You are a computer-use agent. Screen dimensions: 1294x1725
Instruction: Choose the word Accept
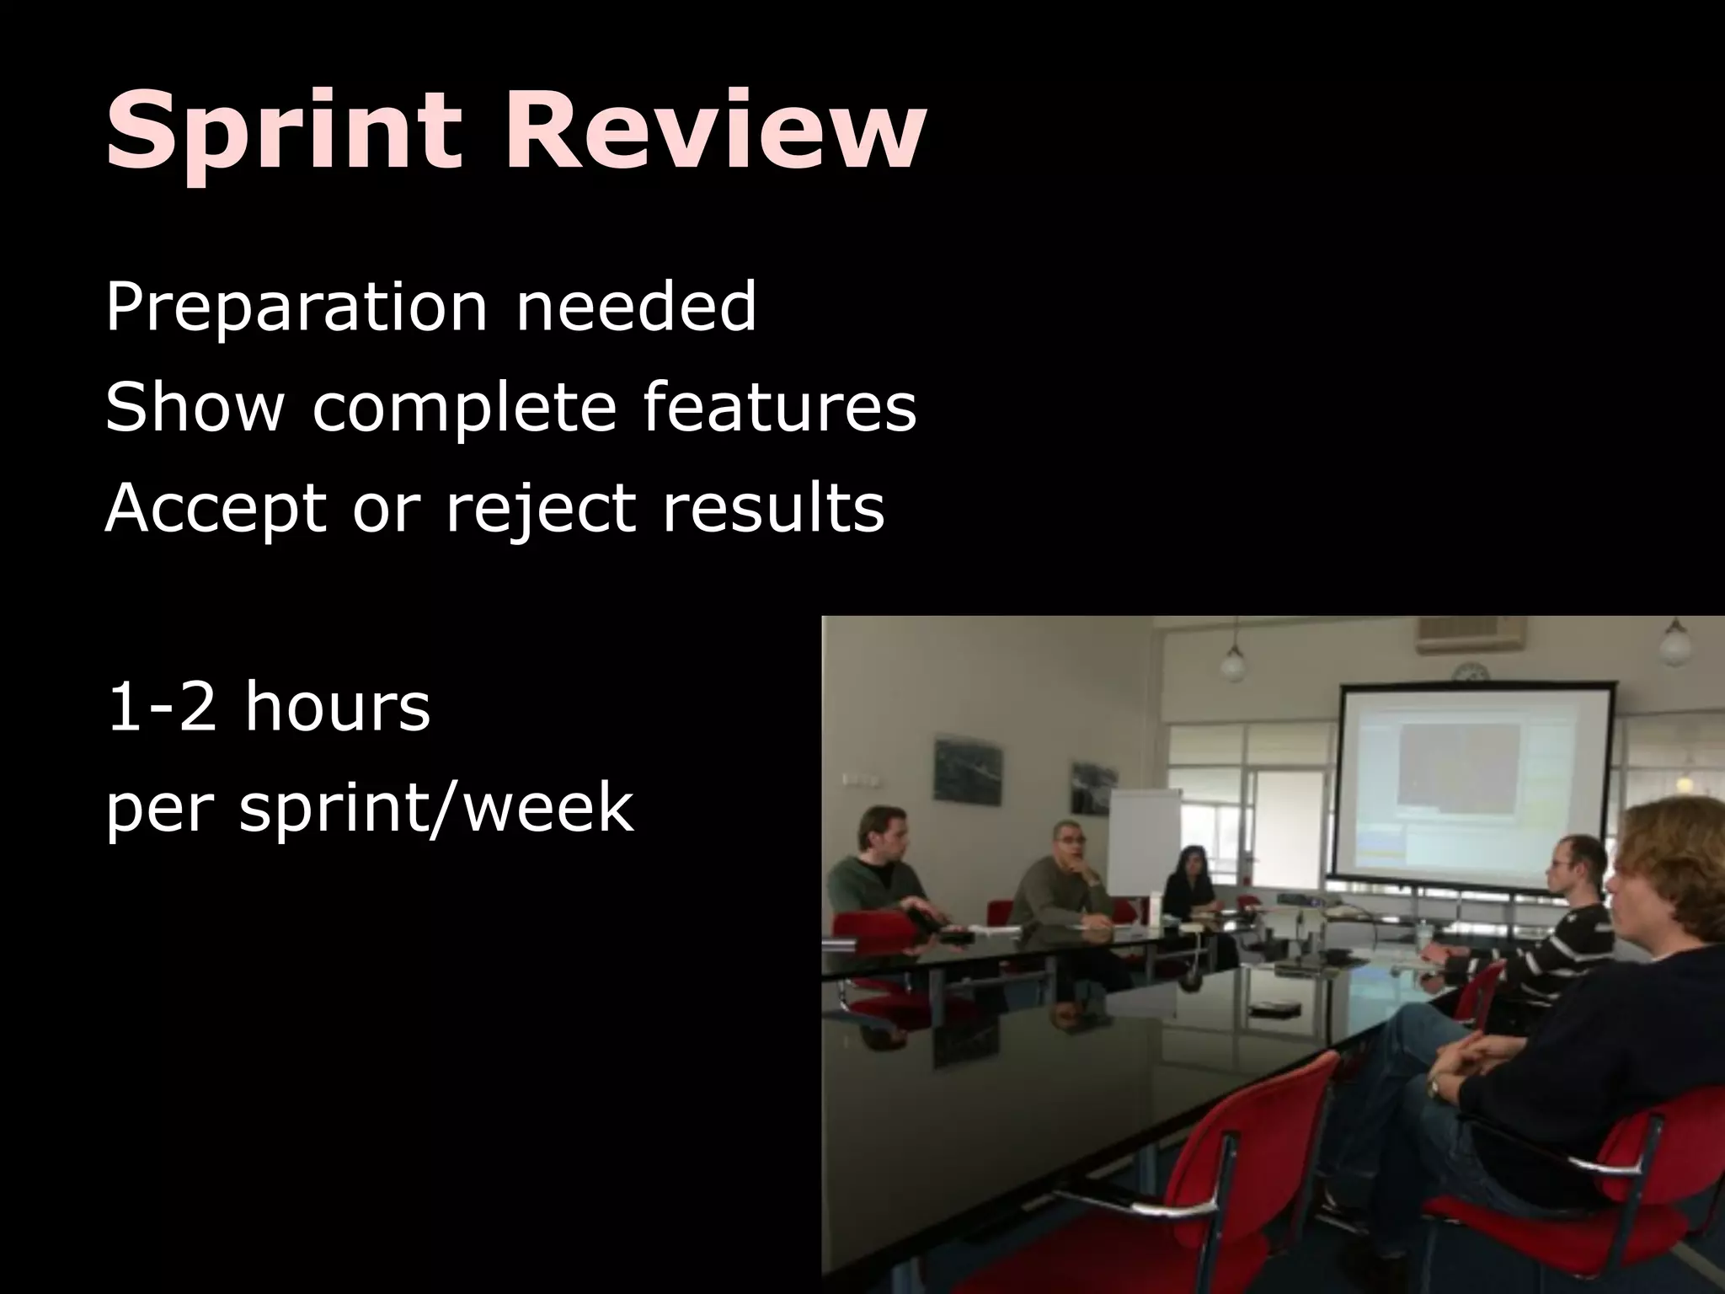click(216, 511)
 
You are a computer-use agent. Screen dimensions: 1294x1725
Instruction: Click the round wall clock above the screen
click(1468, 672)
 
